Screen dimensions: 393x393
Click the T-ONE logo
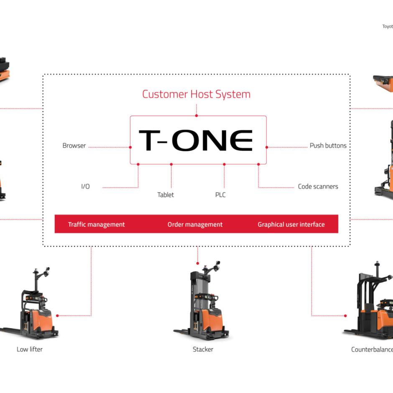click(x=196, y=140)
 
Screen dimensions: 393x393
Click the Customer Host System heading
click(x=196, y=94)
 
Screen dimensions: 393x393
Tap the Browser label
click(x=74, y=146)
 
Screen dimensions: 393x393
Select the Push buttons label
click(x=328, y=146)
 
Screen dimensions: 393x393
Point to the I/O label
click(x=85, y=186)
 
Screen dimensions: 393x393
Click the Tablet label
click(x=166, y=195)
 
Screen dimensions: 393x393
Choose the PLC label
click(x=220, y=195)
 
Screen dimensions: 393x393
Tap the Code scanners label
click(x=318, y=186)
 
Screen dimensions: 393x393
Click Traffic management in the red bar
click(x=96, y=225)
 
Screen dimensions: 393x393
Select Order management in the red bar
click(x=195, y=225)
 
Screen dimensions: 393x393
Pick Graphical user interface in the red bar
click(x=291, y=225)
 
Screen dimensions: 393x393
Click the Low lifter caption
click(x=30, y=349)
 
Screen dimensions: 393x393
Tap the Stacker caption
click(x=203, y=349)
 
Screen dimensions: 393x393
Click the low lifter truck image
click(x=31, y=305)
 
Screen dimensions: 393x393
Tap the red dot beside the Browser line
click(x=130, y=147)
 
